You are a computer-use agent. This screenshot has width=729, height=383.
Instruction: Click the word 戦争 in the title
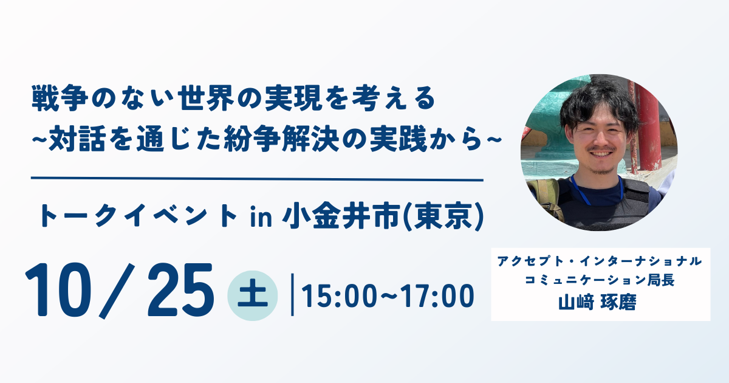pos(60,98)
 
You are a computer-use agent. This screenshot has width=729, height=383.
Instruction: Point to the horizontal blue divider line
pos(257,179)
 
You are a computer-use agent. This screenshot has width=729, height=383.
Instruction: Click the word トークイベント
pos(138,216)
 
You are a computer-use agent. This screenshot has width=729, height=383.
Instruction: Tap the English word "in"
pos(261,217)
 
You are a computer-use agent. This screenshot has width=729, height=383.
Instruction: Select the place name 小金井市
pos(341,216)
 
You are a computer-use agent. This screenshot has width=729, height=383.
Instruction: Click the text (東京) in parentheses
pos(443,217)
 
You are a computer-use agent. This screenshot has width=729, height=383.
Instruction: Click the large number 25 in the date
pos(181,290)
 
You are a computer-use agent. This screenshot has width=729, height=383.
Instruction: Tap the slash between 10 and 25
pos(117,291)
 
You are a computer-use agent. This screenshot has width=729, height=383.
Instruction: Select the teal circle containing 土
pos(253,295)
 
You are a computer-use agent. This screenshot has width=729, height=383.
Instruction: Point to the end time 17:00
pos(437,296)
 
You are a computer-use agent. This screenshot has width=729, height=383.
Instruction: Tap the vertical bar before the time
pos(292,295)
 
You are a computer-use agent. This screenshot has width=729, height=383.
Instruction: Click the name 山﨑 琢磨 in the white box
pos(598,302)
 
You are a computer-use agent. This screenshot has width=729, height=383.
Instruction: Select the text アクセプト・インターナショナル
pos(600,261)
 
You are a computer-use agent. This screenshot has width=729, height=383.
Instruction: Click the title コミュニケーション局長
pos(600,280)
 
